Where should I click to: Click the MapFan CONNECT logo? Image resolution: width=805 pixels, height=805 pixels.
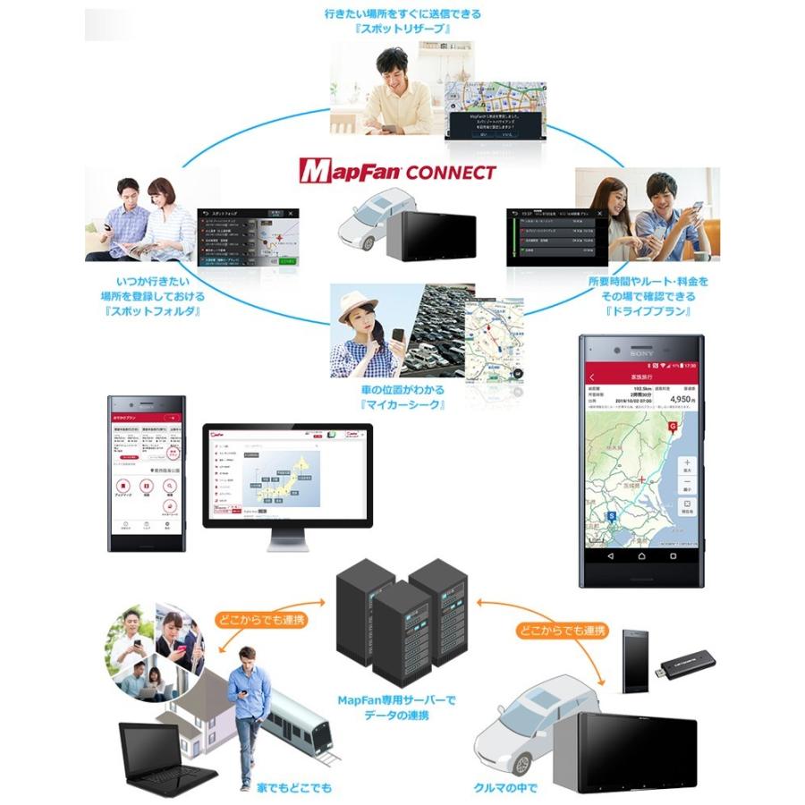pyautogui.click(x=397, y=170)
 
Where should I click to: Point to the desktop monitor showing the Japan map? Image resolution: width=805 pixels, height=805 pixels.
pyautogui.click(x=288, y=476)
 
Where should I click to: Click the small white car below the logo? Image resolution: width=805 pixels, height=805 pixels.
pyautogui.click(x=366, y=226)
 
